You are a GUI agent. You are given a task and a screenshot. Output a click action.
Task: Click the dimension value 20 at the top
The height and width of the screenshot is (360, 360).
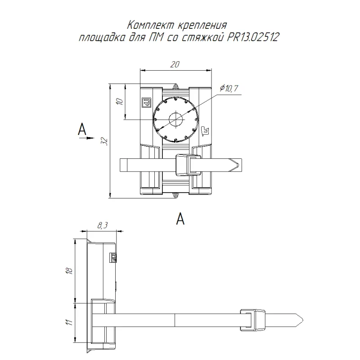(x=175, y=65)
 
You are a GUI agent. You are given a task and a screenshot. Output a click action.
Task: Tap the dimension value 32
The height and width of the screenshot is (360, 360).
(x=105, y=141)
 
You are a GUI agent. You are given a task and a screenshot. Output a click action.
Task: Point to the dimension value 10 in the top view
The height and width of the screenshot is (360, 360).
(x=120, y=102)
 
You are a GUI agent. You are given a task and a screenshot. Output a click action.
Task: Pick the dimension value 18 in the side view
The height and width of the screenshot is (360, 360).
(x=68, y=270)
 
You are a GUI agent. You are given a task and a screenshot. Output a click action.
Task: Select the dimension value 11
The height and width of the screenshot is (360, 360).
(x=68, y=322)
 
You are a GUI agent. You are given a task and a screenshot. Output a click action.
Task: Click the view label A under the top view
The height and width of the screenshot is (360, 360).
(x=180, y=219)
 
